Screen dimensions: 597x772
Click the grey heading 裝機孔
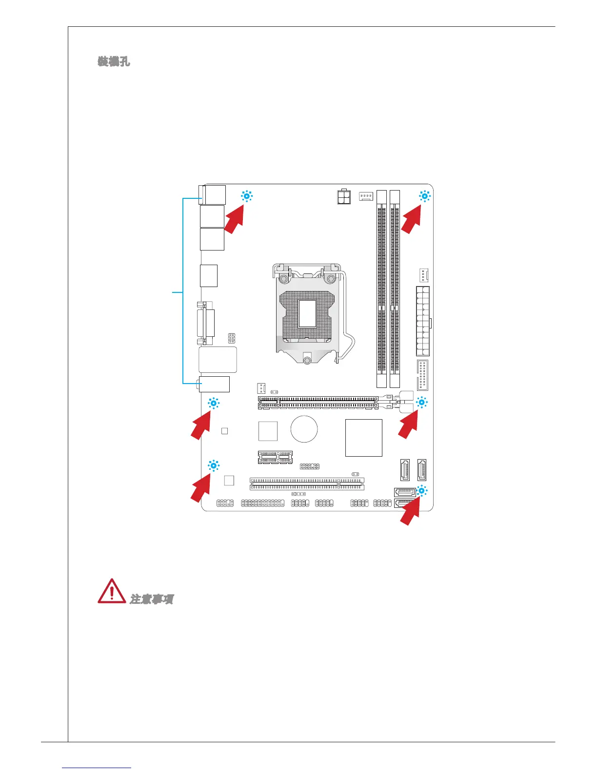[x=114, y=61]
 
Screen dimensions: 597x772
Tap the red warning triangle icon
[x=112, y=591]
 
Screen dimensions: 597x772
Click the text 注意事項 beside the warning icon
[x=152, y=599]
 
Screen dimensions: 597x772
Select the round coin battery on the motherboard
[x=304, y=429]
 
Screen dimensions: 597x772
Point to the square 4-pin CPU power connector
[x=344, y=197]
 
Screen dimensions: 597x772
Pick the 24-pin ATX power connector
[x=422, y=321]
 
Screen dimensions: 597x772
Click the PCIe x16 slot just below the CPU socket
[x=318, y=403]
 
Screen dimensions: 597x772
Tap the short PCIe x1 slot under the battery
[x=275, y=457]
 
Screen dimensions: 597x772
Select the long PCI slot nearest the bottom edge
[x=307, y=483]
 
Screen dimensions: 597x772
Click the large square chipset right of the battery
[x=363, y=438]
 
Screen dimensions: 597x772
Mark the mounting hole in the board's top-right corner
[x=424, y=196]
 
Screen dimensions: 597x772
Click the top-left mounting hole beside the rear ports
[x=247, y=196]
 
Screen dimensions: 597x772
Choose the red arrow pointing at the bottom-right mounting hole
[x=410, y=512]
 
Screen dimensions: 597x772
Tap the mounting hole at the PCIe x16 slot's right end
[x=421, y=403]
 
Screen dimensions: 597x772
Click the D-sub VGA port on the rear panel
[x=205, y=322]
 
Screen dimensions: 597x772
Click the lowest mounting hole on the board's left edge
[x=213, y=465]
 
